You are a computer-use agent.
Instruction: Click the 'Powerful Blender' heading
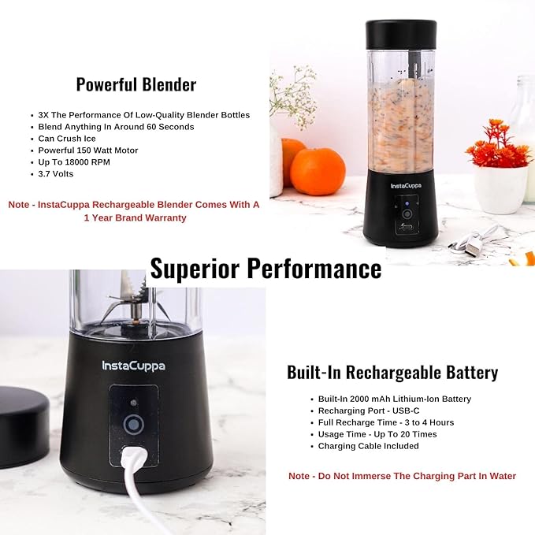(136, 84)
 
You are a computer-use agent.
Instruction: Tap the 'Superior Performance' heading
(266, 269)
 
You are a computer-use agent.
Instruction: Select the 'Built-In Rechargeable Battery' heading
(392, 372)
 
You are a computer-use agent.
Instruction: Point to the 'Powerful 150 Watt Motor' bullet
(88, 150)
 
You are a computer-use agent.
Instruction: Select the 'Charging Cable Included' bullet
(368, 446)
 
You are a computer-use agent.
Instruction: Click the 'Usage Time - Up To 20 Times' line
(377, 434)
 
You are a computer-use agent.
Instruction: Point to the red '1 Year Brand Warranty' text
(136, 217)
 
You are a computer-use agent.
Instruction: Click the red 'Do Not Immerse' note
(402, 476)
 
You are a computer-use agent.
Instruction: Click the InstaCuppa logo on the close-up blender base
(133, 366)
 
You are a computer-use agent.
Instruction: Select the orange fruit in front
(318, 171)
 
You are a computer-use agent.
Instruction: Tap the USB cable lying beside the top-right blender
(474, 239)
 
